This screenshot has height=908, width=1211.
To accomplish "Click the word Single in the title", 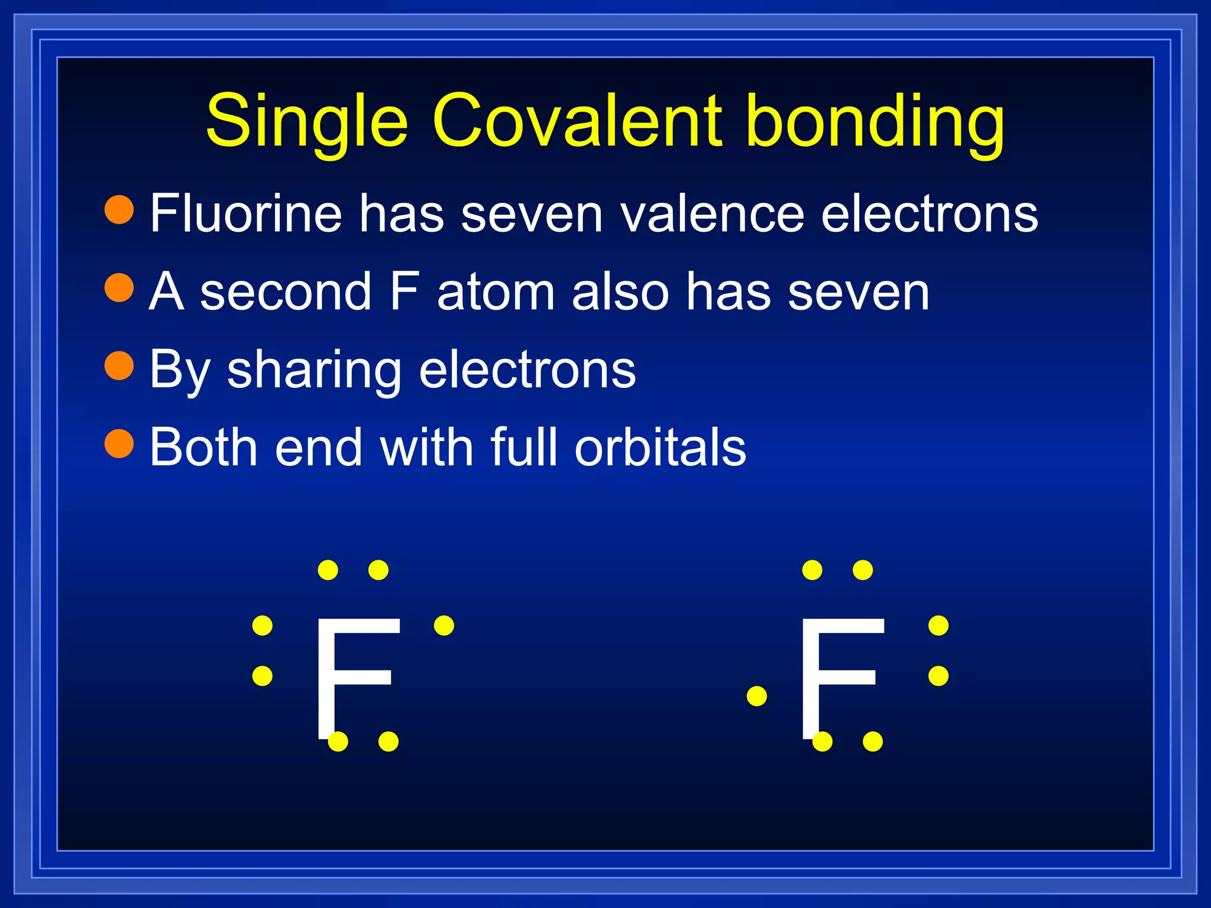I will (306, 121).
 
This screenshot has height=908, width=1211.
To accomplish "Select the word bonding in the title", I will (875, 121).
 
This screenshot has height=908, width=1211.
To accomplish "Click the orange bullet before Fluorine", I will (119, 209).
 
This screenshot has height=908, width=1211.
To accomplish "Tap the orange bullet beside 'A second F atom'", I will (119, 287).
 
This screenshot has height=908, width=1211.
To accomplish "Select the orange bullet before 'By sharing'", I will (119, 365).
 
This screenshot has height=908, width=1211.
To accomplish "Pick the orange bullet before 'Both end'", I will (119, 443).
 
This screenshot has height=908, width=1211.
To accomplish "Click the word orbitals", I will (660, 447).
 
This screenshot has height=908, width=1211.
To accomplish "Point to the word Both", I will (203, 447).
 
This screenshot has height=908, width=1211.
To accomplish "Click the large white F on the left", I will (355, 677).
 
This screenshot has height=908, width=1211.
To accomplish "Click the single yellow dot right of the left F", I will (444, 625).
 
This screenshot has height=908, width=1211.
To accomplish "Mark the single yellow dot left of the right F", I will (757, 696).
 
